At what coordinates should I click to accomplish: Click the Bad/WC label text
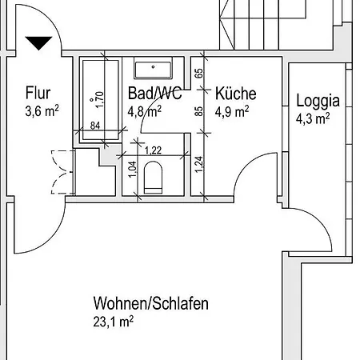click(x=154, y=94)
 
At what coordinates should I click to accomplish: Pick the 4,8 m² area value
click(x=146, y=112)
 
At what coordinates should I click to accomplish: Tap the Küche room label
click(x=236, y=94)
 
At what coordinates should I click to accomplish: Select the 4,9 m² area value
click(x=232, y=111)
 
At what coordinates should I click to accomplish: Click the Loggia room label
click(x=318, y=102)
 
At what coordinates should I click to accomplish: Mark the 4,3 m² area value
click(x=313, y=119)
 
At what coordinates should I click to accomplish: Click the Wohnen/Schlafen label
click(x=150, y=304)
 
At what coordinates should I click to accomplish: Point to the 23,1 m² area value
click(x=113, y=322)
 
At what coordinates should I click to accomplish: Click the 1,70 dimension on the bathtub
click(x=101, y=98)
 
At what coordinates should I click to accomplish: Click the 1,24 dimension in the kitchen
click(x=198, y=166)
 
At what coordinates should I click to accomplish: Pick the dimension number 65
click(x=198, y=74)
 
